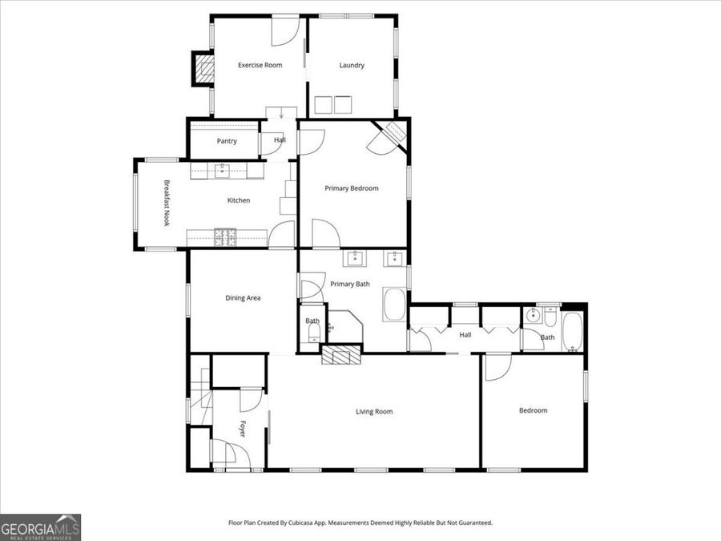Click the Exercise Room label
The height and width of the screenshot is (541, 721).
pyautogui.click(x=260, y=65)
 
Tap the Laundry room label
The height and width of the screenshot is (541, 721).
pyautogui.click(x=352, y=65)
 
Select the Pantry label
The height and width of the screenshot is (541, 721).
pyautogui.click(x=227, y=141)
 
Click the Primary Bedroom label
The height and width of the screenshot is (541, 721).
pyautogui.click(x=351, y=188)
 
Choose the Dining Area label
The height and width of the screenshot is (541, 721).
pyautogui.click(x=242, y=298)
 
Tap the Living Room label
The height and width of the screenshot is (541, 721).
pyautogui.click(x=374, y=411)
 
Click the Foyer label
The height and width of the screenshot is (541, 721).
pyautogui.click(x=242, y=429)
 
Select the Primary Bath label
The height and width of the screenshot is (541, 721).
pyautogui.click(x=350, y=284)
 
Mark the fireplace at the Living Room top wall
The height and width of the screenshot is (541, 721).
pyautogui.click(x=340, y=356)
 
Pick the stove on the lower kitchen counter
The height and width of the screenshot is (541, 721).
pyautogui.click(x=225, y=236)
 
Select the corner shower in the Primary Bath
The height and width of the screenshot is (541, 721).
pyautogui.click(x=346, y=327)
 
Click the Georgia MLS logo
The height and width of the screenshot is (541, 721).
pyautogui.click(x=40, y=527)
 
